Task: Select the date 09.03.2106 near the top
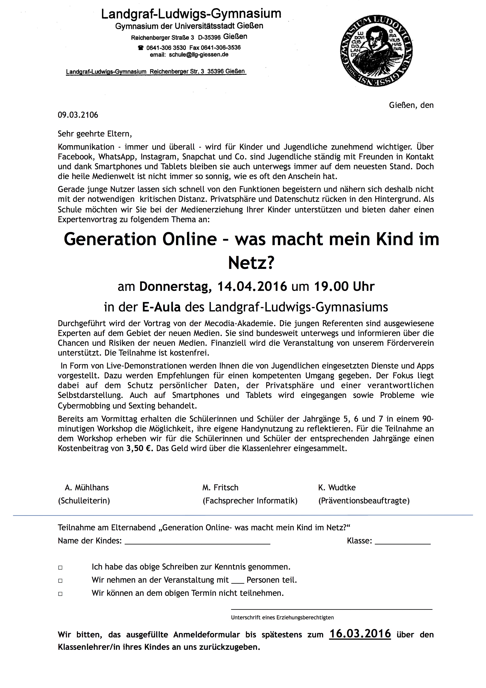78,115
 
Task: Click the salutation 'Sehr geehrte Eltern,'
95,133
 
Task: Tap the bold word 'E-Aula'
161,307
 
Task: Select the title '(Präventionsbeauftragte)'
364,501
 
